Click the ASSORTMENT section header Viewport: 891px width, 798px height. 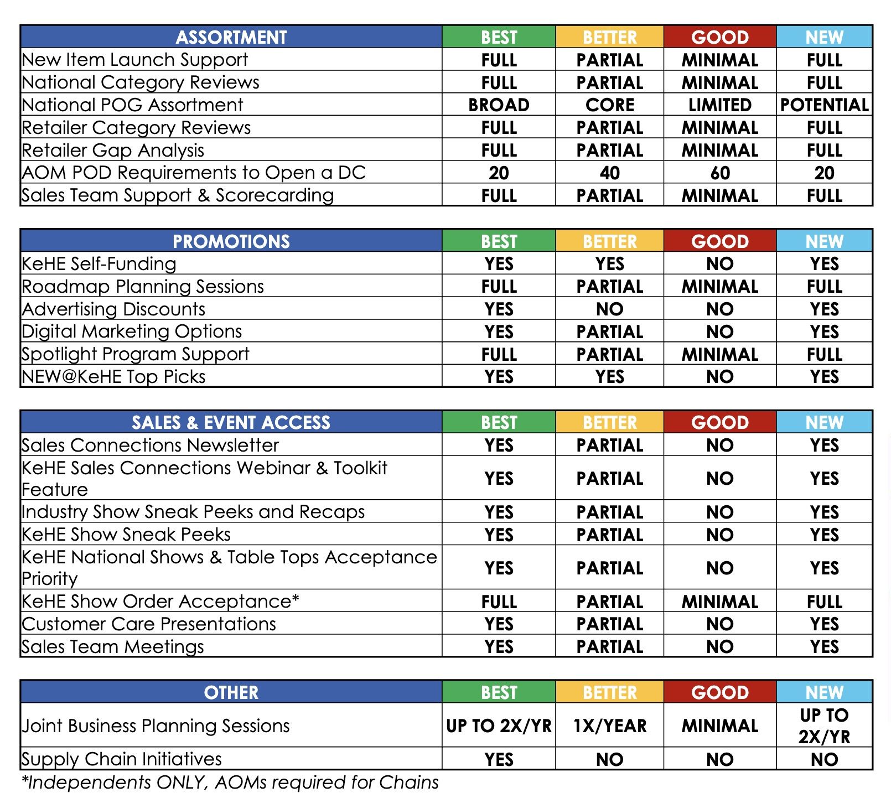(x=231, y=37)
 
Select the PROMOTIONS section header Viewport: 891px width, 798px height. (x=231, y=241)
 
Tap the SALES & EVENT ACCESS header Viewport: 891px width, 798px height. (x=231, y=423)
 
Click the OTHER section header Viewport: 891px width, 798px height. (x=231, y=692)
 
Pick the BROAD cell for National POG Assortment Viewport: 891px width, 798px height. (x=499, y=105)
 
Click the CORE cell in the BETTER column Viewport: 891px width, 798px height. (x=610, y=105)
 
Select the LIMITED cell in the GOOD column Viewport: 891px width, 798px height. (x=720, y=105)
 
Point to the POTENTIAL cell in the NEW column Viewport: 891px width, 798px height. (x=825, y=105)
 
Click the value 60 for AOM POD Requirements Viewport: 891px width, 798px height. (x=720, y=173)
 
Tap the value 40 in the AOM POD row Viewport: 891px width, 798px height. (x=610, y=173)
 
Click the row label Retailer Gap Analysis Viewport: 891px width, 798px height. (x=113, y=151)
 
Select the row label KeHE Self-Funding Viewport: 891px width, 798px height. (x=99, y=264)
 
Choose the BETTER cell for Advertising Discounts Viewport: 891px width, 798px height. (x=610, y=309)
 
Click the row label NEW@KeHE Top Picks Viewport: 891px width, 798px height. (x=113, y=377)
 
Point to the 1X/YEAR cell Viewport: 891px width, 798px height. (x=610, y=726)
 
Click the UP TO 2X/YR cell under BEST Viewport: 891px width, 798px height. (x=499, y=726)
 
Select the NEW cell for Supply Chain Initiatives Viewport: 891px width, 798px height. (x=825, y=759)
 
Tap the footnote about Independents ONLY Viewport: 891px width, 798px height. (x=230, y=783)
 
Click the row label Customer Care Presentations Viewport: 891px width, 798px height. (x=149, y=624)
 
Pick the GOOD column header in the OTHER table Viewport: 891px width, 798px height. (x=720, y=692)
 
